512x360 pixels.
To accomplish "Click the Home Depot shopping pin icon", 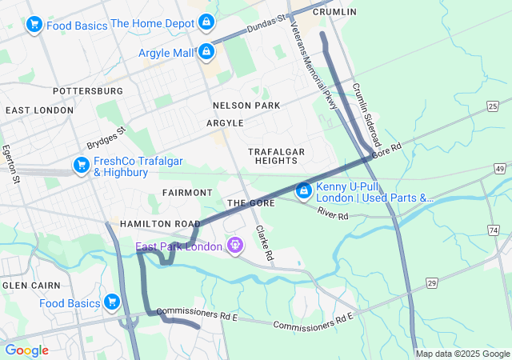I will click(x=206, y=22).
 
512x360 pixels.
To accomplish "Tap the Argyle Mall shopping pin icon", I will click(x=206, y=52).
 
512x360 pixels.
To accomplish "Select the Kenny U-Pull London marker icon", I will click(x=304, y=191).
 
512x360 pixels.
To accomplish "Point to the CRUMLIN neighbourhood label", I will click(x=334, y=12).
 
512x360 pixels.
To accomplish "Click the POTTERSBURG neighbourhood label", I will click(x=88, y=91).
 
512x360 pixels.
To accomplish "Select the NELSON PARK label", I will click(x=246, y=106).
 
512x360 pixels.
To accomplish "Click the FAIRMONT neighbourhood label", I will click(x=187, y=193).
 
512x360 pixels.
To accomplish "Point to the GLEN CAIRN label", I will click(x=26, y=286).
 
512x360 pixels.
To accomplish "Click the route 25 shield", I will click(x=492, y=106).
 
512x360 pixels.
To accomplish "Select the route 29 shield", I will click(x=432, y=283).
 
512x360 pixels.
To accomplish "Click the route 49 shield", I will click(x=499, y=169).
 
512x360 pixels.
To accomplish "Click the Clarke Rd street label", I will click(x=264, y=242).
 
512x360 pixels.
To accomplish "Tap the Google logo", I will click(x=26, y=350).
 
